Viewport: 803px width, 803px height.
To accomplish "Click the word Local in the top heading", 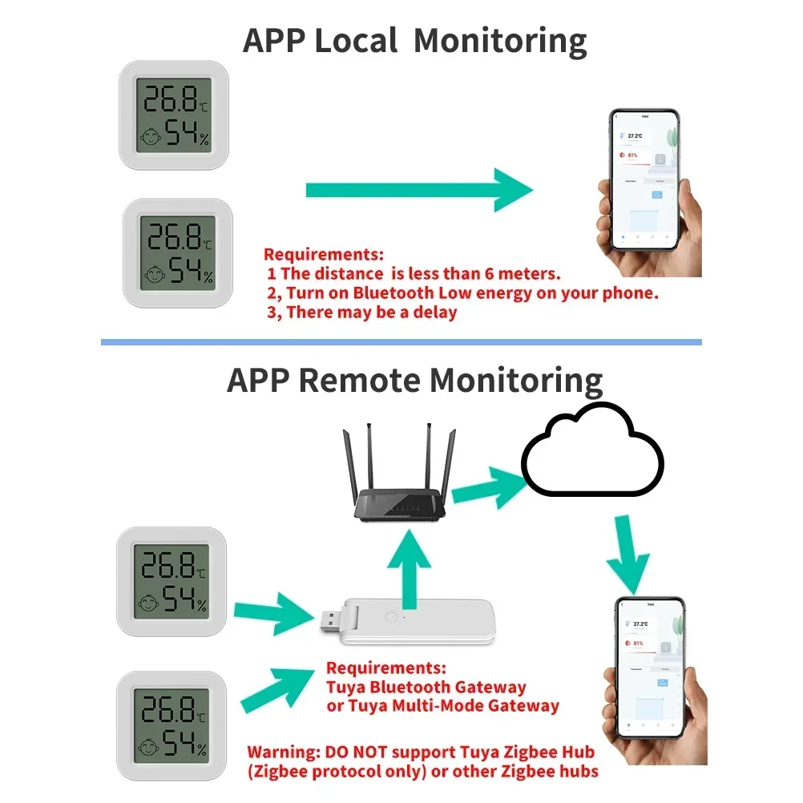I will click(355, 40).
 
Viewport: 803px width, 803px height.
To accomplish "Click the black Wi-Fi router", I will click(398, 490).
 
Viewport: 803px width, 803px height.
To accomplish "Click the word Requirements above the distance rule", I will click(325, 254).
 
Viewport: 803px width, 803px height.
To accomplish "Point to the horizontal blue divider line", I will click(401, 342).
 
